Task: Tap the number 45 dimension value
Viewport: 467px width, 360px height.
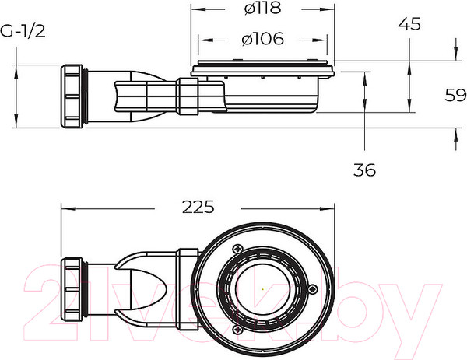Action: [410, 24]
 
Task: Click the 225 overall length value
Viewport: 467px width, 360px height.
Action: [198, 208]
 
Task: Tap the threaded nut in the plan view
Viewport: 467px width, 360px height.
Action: [76, 289]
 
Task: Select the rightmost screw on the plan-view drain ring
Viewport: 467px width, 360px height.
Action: [312, 289]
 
